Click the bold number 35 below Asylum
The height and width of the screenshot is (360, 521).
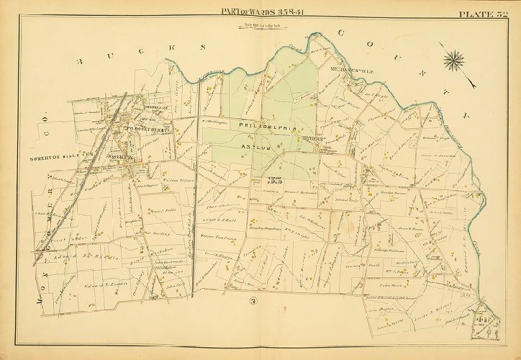273,180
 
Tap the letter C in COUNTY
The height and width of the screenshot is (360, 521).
340,33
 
